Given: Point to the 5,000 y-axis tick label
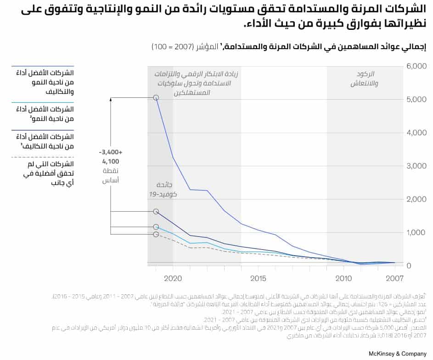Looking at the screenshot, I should pyautogui.click(x=417, y=100).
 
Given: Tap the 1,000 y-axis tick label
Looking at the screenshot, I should pyautogui.click(x=417, y=233).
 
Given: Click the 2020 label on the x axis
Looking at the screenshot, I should pyautogui.click(x=173, y=278).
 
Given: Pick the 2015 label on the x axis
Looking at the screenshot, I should pyautogui.click(x=258, y=278).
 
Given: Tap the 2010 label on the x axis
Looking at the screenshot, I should pyautogui.click(x=343, y=278).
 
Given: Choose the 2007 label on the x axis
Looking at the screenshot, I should pyautogui.click(x=394, y=278).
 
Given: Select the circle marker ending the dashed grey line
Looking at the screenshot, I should pyautogui.click(x=156, y=234).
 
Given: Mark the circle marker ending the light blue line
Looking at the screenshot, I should pyautogui.click(x=156, y=226).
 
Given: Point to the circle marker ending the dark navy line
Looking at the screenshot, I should pyautogui.click(x=156, y=211).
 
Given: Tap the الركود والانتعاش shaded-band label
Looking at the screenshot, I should pyautogui.click(x=365, y=79).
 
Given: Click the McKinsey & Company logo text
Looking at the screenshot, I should pyautogui.click(x=397, y=353).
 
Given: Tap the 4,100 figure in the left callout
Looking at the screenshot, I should pyautogui.click(x=111, y=161).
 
